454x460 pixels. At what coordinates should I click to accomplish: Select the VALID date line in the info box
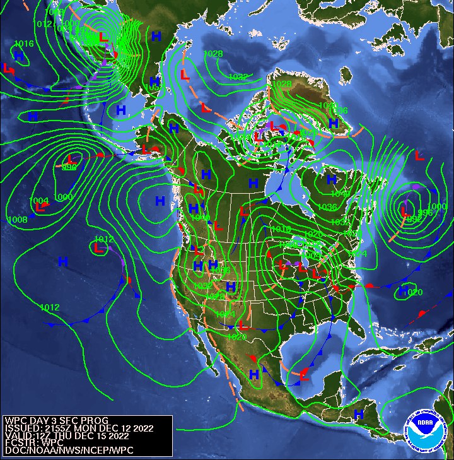pos(66,435)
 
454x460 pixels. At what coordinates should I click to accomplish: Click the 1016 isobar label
pos(23,44)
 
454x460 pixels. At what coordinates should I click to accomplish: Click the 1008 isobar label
pos(17,220)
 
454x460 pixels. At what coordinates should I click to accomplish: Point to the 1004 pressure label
pos(39,201)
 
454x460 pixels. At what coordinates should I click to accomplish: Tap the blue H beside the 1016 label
pos(19,56)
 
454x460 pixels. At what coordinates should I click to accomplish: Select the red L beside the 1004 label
pos(40,207)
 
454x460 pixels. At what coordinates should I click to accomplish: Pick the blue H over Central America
pos(358,414)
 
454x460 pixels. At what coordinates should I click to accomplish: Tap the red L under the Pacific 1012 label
pos(98,249)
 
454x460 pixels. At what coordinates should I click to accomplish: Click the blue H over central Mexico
pos(254,375)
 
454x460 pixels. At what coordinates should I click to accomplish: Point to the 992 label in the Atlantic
pos(414,218)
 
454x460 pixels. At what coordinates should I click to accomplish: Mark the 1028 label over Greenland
pos(282,83)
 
